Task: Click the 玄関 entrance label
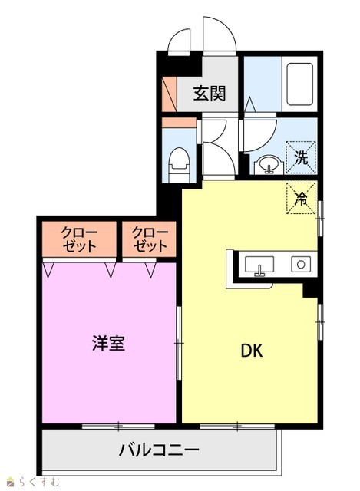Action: click(209, 93)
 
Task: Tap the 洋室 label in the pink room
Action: click(109, 343)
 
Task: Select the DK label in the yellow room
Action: click(251, 351)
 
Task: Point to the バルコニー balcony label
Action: click(159, 450)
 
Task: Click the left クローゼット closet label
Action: click(79, 239)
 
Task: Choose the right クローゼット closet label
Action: click(150, 239)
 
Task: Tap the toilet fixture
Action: click(179, 165)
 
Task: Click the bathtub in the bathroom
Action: click(299, 84)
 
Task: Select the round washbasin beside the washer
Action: click(269, 165)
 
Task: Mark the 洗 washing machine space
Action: click(301, 157)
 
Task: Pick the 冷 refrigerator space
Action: click(301, 198)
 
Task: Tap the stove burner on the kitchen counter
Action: click(301, 264)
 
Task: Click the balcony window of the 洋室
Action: click(118, 427)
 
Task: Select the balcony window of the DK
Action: click(237, 427)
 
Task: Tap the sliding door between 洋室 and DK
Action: click(179, 343)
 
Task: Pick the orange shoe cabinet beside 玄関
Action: click(170, 94)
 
